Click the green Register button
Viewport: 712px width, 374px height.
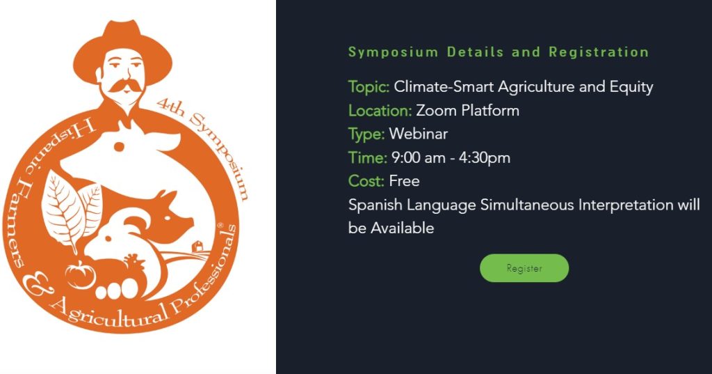point(524,268)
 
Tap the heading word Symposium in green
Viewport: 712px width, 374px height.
point(393,52)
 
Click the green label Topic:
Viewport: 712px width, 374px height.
point(369,87)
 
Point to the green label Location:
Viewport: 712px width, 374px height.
point(380,111)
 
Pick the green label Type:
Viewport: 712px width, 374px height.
point(366,134)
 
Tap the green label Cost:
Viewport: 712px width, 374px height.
point(366,181)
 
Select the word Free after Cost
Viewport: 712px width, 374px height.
point(405,181)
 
